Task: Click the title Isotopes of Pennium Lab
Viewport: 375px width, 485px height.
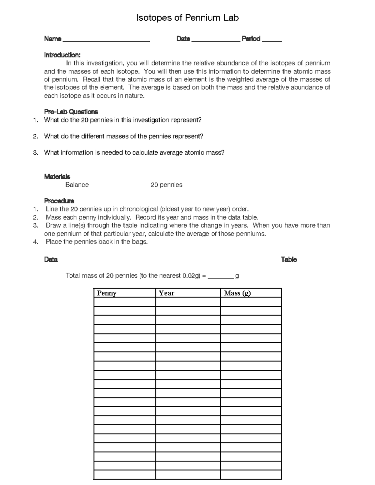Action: tap(187, 18)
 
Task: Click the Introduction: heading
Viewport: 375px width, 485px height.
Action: tap(62, 55)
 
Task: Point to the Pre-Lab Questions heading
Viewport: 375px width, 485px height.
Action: tap(71, 112)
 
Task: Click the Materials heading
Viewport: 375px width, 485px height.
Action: tap(57, 177)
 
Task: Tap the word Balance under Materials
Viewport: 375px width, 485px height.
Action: tap(77, 185)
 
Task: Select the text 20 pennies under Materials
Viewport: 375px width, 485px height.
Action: tap(166, 185)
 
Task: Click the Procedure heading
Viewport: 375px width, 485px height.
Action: tap(59, 201)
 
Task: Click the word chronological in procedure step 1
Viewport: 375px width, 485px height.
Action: tap(139, 209)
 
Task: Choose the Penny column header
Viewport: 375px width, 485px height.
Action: tap(107, 293)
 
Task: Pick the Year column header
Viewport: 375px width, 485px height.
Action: tap(167, 293)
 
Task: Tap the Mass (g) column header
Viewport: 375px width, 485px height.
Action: tap(237, 293)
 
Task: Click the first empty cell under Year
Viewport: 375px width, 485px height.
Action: tap(188, 302)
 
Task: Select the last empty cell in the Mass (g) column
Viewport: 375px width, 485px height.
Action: tap(251, 474)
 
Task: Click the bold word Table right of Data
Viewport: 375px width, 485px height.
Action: tap(289, 260)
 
